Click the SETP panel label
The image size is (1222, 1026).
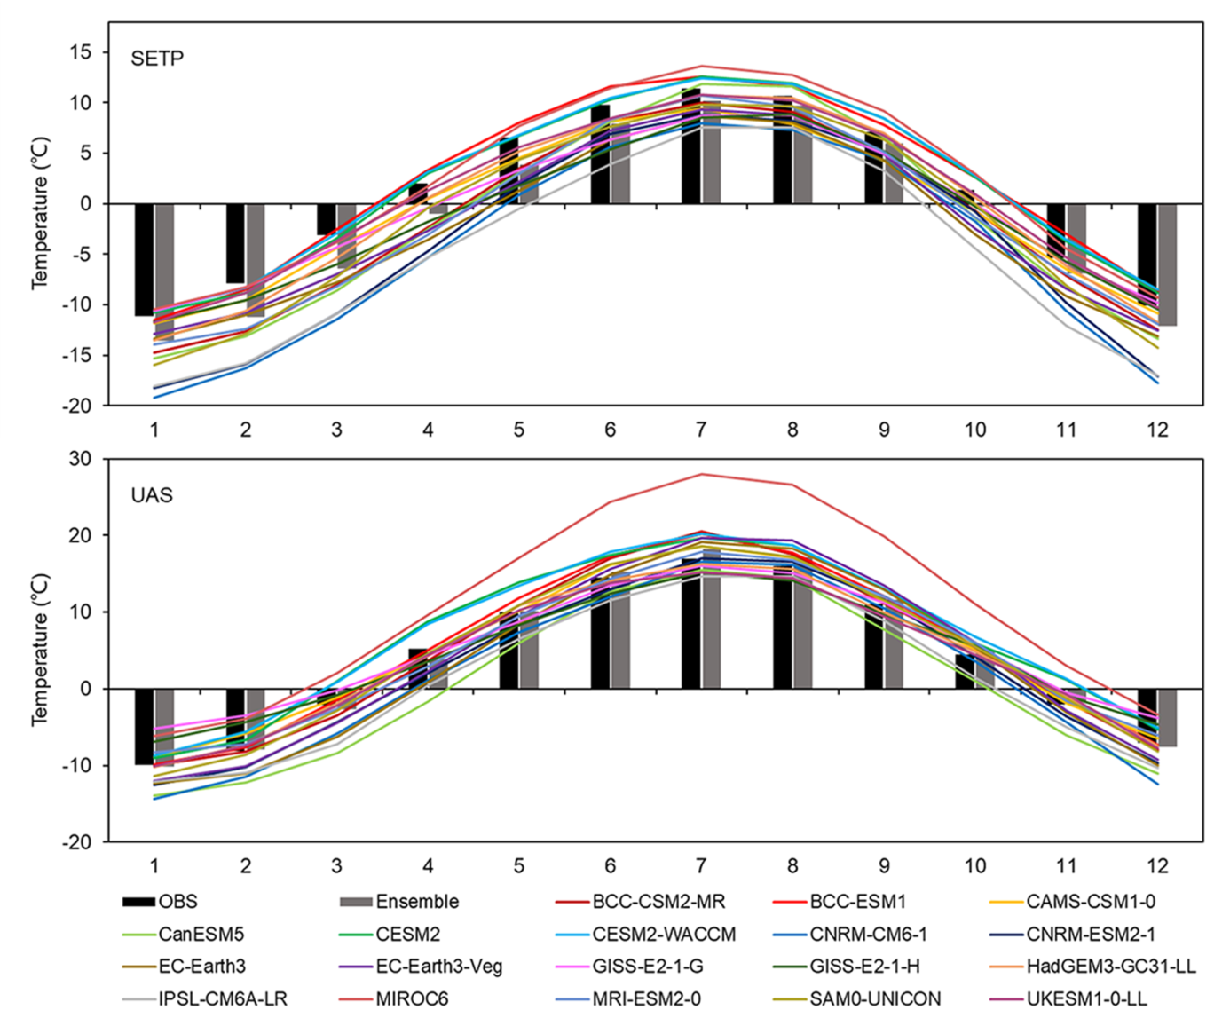point(157,59)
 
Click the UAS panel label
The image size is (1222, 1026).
point(152,495)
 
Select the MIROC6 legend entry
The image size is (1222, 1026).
point(412,999)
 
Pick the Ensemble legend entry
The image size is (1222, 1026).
point(417,902)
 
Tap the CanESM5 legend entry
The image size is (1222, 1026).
point(201,935)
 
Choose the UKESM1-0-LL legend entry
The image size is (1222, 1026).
point(1086,999)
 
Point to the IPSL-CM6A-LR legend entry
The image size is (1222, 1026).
point(223,999)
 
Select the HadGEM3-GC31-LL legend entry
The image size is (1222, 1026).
point(1110,967)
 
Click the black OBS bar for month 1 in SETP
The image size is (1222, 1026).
point(144,259)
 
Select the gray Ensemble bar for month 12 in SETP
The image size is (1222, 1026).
point(1167,264)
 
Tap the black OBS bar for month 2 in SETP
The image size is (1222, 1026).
point(235,243)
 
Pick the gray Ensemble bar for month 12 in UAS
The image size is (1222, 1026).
point(1167,717)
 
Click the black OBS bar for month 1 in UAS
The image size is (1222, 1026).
point(144,726)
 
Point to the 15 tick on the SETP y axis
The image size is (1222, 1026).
point(82,52)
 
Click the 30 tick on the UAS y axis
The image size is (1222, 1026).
point(82,459)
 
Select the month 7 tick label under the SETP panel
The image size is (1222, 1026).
point(701,430)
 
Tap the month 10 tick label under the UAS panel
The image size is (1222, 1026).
point(974,866)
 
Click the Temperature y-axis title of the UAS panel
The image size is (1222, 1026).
point(41,650)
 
